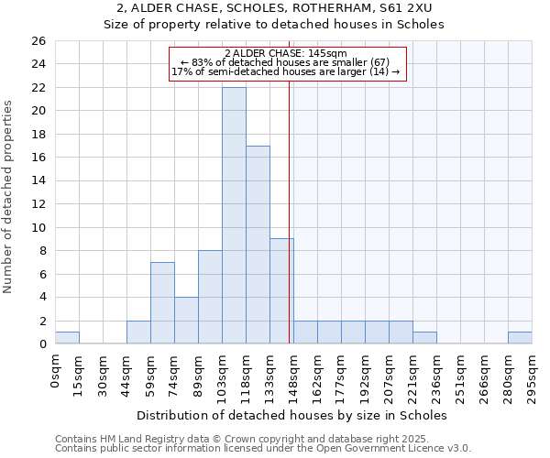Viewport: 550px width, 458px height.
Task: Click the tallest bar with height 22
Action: pos(234,215)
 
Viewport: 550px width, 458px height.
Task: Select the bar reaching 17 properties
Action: pos(258,245)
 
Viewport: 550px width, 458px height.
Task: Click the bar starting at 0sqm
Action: pos(67,338)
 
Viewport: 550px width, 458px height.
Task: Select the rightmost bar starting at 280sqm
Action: pos(520,338)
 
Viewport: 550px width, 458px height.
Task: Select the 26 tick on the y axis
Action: pos(38,41)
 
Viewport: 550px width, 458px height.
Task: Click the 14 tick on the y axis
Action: pos(38,181)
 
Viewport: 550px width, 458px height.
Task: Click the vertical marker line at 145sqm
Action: pos(290,211)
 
